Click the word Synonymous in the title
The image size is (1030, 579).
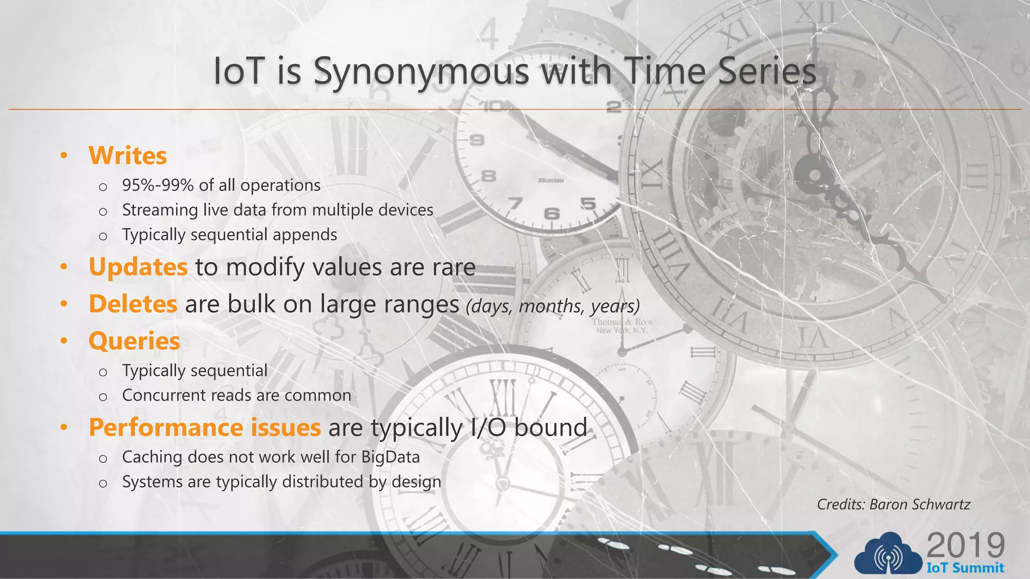(421, 72)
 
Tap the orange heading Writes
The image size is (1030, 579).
(127, 156)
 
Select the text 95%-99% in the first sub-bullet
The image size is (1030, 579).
(158, 185)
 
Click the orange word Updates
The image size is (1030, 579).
(138, 267)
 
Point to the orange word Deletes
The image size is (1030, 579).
(133, 304)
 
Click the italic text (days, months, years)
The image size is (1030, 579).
(553, 306)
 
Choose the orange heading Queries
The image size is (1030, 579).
(134, 341)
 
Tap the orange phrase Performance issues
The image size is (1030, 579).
(205, 428)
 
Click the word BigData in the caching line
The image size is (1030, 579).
(390, 457)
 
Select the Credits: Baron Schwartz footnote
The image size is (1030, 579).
(893, 504)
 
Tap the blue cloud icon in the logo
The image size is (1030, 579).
(888, 554)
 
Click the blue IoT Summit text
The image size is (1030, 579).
(965, 568)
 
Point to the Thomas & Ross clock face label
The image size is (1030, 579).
(622, 326)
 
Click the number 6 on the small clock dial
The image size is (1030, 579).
(552, 214)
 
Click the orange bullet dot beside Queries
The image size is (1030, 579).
(64, 341)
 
